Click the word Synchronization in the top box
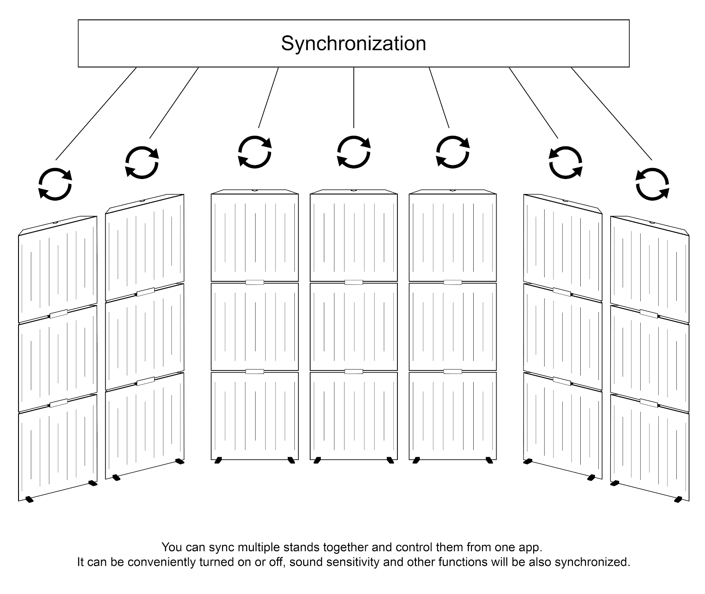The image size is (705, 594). tap(353, 44)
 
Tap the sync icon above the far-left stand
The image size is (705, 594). tap(55, 184)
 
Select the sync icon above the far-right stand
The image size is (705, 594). tap(653, 184)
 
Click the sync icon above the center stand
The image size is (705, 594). tap(354, 152)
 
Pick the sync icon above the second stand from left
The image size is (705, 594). tap(142, 162)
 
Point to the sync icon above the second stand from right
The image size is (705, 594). tap(566, 162)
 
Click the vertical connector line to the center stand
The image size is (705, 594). tap(354, 97)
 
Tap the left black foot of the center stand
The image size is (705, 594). tap(317, 461)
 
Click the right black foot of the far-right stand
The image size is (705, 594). tap(679, 500)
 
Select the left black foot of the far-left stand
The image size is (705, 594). tap(29, 500)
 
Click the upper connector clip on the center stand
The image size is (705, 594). tap(353, 282)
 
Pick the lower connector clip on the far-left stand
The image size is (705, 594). tap(59, 403)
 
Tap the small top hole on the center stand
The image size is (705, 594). tap(353, 191)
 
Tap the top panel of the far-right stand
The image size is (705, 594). tap(649, 269)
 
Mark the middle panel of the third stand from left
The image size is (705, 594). tap(255, 326)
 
